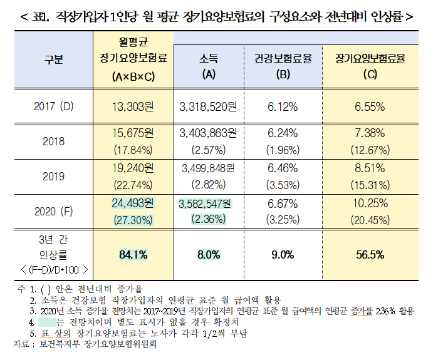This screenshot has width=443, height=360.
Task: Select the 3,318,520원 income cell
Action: pyautogui.click(x=208, y=107)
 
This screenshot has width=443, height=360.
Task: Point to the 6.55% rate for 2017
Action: pyautogui.click(x=369, y=107)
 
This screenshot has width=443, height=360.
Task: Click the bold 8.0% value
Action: pyautogui.click(x=208, y=255)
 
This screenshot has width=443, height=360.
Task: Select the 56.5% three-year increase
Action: pyautogui.click(x=369, y=255)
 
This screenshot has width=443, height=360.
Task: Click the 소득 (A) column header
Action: pyautogui.click(x=208, y=66)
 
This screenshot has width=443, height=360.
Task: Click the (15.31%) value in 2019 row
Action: pyautogui.click(x=369, y=185)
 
